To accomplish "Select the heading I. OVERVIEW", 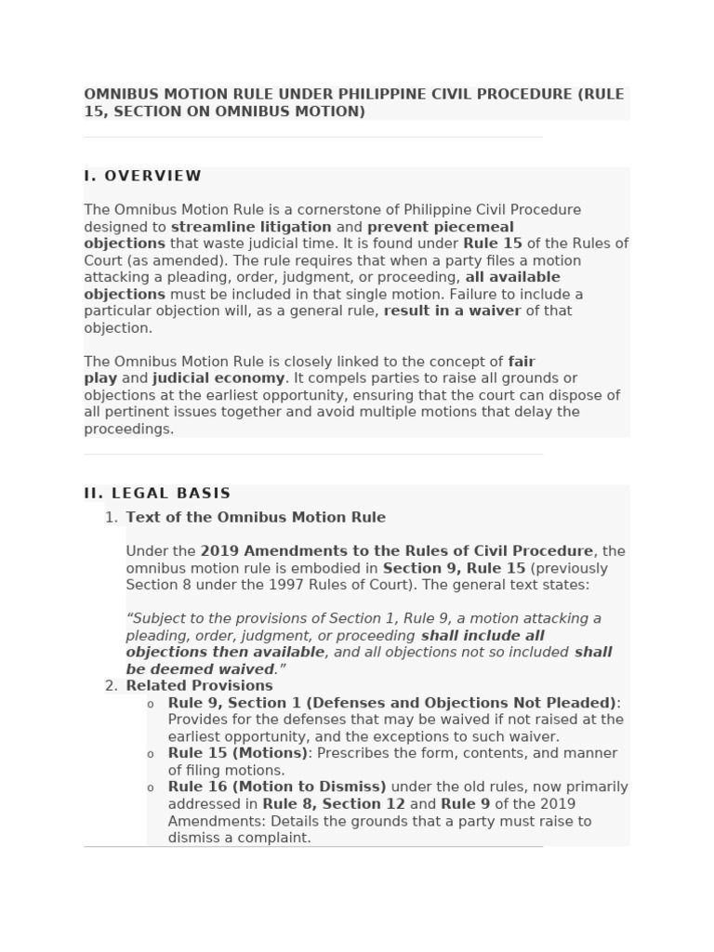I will [x=142, y=176].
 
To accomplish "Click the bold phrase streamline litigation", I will [x=251, y=227].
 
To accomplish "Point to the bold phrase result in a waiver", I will [x=452, y=311].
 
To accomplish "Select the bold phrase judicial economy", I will [x=218, y=378].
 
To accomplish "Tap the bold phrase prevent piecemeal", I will [x=440, y=227].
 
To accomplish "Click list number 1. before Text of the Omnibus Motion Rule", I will [x=112, y=518].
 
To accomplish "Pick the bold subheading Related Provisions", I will [x=199, y=686].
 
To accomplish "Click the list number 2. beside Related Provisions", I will [x=112, y=686].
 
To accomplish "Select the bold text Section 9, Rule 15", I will [x=454, y=568].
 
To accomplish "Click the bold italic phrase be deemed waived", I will [x=200, y=669].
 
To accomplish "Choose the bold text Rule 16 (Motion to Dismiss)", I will [x=276, y=787].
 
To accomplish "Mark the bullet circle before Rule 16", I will [x=151, y=788].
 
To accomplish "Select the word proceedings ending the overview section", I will [x=128, y=429].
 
